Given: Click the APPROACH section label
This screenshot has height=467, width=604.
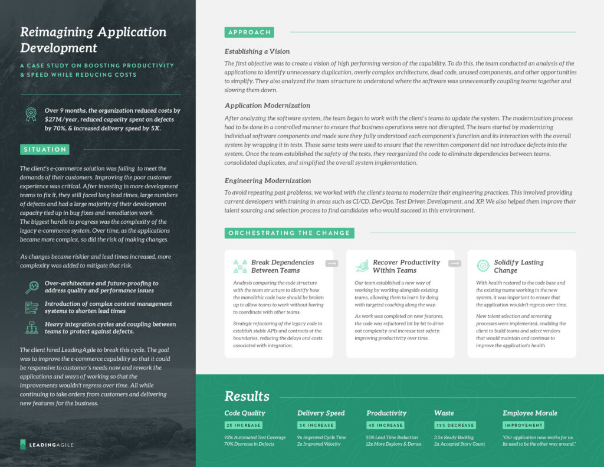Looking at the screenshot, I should click(249, 32).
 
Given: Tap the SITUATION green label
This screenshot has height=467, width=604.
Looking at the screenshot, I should click(44, 149).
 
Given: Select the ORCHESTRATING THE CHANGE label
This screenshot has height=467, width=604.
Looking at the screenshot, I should click(289, 233).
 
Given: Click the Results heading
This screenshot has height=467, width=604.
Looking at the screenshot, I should click(247, 396).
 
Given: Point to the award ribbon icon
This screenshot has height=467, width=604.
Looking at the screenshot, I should click(31, 115).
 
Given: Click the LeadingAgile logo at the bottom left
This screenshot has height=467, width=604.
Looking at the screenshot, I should click(47, 444).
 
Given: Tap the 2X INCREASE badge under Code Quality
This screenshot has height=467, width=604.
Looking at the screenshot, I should click(243, 425).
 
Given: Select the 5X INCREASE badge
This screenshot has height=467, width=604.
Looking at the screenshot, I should click(316, 425).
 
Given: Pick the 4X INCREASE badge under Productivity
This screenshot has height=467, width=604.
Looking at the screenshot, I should click(386, 425).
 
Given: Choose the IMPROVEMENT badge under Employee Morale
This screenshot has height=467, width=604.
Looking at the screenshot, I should click(523, 425).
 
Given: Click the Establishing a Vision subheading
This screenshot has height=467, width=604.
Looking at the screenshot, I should click(257, 51).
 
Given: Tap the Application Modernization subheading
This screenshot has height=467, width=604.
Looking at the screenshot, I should click(267, 105).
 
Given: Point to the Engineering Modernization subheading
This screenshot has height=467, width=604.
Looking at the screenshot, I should click(268, 181).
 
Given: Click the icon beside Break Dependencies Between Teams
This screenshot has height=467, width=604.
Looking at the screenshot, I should click(240, 266).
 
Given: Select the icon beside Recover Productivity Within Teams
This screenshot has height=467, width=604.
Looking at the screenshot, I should click(362, 266).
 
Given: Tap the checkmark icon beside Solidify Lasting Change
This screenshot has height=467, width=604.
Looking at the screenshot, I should click(483, 266).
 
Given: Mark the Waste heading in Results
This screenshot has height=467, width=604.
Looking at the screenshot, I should click(444, 413).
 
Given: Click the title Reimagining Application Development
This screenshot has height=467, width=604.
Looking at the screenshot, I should click(93, 40).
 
